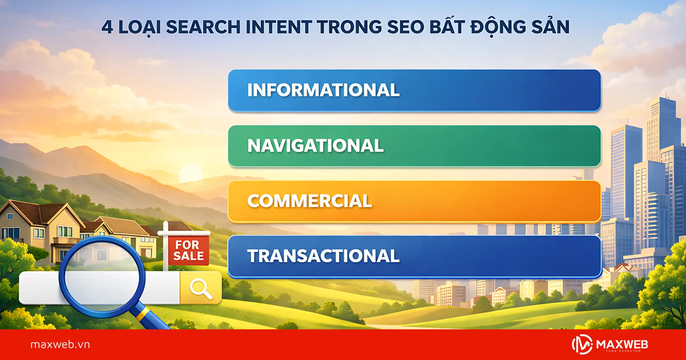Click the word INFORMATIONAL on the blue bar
pyautogui.click(x=323, y=90)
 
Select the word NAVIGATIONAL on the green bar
pyautogui.click(x=315, y=146)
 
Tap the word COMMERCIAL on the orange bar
pyautogui.click(x=309, y=201)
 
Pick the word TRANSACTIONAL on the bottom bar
pyautogui.click(x=323, y=256)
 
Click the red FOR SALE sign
pyautogui.click(x=188, y=251)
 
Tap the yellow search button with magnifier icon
pyautogui.click(x=201, y=288)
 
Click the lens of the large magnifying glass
pyautogui.click(x=102, y=276)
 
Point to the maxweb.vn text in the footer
pyautogui.click(x=60, y=345)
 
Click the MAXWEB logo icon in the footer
pyautogui.click(x=582, y=344)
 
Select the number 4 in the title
pyautogui.click(x=107, y=27)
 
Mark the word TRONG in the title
pyautogui.click(x=349, y=27)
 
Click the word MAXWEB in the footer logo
pyautogui.click(x=622, y=344)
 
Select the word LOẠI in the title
pyautogui.click(x=139, y=27)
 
